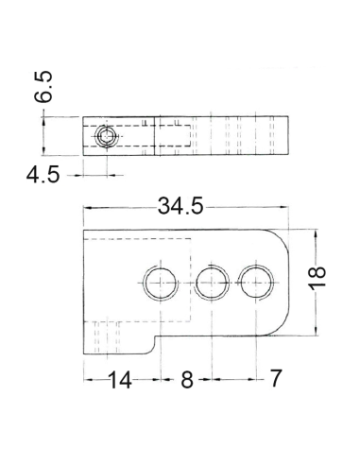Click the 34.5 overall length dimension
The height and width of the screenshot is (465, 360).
coord(180,206)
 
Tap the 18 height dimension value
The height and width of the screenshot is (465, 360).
coord(317,277)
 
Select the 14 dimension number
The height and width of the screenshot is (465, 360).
coord(120,380)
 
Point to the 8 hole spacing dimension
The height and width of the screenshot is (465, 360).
coord(187,379)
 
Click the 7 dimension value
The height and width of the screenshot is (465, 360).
coord(275,378)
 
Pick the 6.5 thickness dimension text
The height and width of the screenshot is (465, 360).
coord(43,87)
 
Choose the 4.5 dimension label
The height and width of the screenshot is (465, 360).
coord(43,175)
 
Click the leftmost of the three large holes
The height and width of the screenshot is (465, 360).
coord(161,283)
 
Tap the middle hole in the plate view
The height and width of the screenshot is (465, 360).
coord(212,283)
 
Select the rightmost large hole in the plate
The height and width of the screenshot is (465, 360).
coord(255,283)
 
